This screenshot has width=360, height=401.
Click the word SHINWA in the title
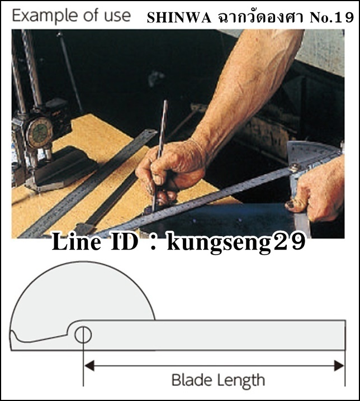[x=179, y=18]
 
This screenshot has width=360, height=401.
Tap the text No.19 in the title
[x=331, y=18]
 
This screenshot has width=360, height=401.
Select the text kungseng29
[x=236, y=242]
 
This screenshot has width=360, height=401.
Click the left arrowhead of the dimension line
[x=89, y=366]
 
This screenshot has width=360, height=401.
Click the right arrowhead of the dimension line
[x=339, y=366]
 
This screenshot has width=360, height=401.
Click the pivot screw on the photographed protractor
[x=295, y=168]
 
